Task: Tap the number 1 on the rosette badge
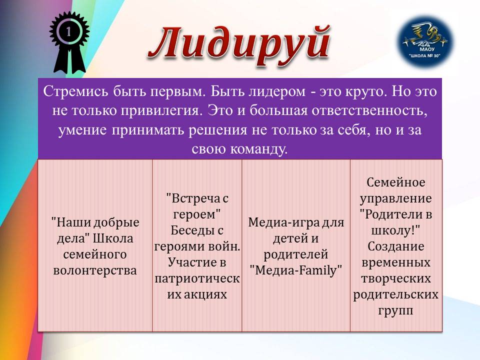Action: click(68, 31)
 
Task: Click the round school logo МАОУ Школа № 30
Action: click(427, 41)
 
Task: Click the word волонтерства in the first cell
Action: click(95, 270)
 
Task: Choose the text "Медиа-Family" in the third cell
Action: click(295, 270)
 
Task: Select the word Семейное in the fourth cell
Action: click(396, 182)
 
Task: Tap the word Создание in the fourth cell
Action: click(396, 246)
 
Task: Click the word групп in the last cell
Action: click(396, 310)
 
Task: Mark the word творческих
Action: click(396, 278)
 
